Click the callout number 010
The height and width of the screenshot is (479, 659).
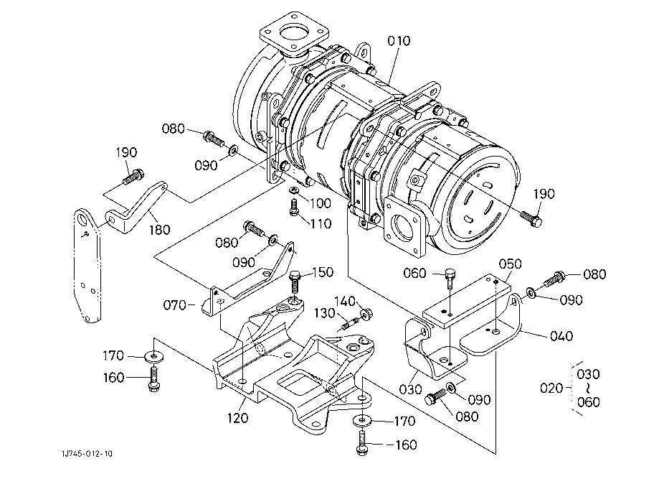[399, 41]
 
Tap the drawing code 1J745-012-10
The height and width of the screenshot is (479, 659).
[87, 454]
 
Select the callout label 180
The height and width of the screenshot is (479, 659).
[160, 229]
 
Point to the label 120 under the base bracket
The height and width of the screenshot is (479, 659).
[237, 418]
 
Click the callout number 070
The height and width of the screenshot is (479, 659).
[174, 304]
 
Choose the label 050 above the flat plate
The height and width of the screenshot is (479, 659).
[511, 264]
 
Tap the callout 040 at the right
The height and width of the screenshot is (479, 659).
[561, 336]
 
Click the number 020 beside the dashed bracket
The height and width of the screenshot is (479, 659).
[551, 388]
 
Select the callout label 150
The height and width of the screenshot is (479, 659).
[323, 272]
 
